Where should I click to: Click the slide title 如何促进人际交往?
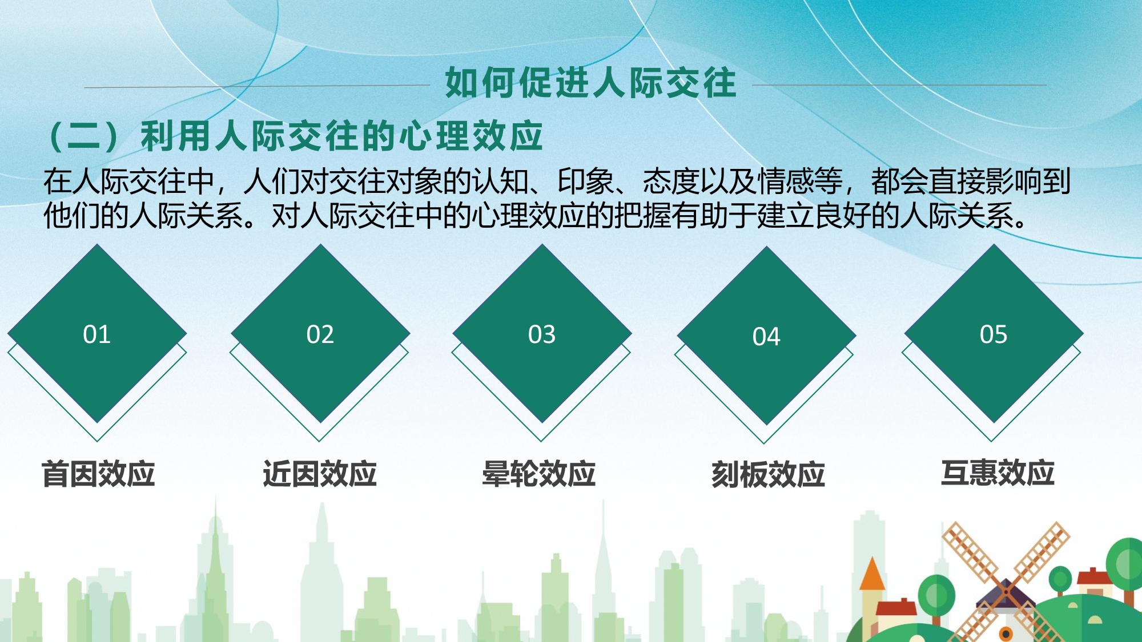point(590,82)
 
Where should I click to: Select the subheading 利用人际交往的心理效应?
point(341,136)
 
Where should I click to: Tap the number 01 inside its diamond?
point(96,334)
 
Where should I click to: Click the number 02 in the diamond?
point(320,334)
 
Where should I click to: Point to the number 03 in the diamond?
point(541,334)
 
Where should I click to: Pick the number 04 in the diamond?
point(766,337)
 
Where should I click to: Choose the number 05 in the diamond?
point(994,334)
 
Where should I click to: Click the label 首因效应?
point(98,474)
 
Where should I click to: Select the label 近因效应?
point(320,474)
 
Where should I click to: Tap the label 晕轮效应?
point(539,474)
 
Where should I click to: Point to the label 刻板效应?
point(768,474)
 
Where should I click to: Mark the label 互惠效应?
point(998,473)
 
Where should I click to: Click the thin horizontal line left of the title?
point(257,87)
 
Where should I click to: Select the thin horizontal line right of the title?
point(899,85)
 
